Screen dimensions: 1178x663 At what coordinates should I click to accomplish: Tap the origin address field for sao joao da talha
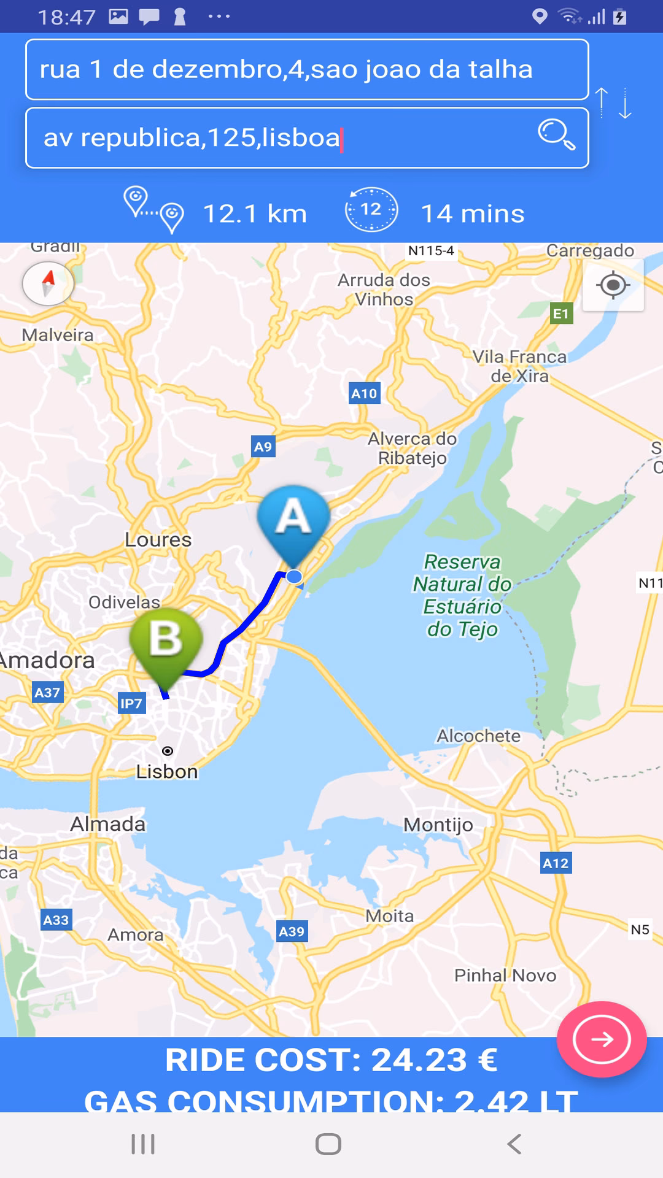(307, 69)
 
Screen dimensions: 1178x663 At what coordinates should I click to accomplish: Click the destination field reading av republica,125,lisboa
(282, 138)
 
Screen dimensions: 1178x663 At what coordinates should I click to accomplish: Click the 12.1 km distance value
(255, 214)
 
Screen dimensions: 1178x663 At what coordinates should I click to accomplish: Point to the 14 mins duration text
(473, 214)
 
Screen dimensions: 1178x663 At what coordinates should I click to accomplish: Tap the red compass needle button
(48, 283)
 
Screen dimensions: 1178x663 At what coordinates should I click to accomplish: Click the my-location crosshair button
(613, 285)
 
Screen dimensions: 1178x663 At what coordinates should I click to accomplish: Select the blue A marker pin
(293, 522)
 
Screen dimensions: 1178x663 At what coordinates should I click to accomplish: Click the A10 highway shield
(365, 393)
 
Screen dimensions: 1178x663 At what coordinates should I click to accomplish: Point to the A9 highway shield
(263, 447)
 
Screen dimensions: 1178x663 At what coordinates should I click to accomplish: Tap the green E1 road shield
(561, 314)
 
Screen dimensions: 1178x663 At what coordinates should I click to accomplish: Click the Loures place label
(158, 540)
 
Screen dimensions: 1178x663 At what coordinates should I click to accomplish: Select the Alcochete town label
(478, 736)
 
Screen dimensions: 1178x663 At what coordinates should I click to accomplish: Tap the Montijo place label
(438, 825)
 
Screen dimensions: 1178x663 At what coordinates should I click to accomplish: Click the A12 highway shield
(556, 863)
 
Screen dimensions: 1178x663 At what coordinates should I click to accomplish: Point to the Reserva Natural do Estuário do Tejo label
(462, 595)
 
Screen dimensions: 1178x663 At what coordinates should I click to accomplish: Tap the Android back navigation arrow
(514, 1144)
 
